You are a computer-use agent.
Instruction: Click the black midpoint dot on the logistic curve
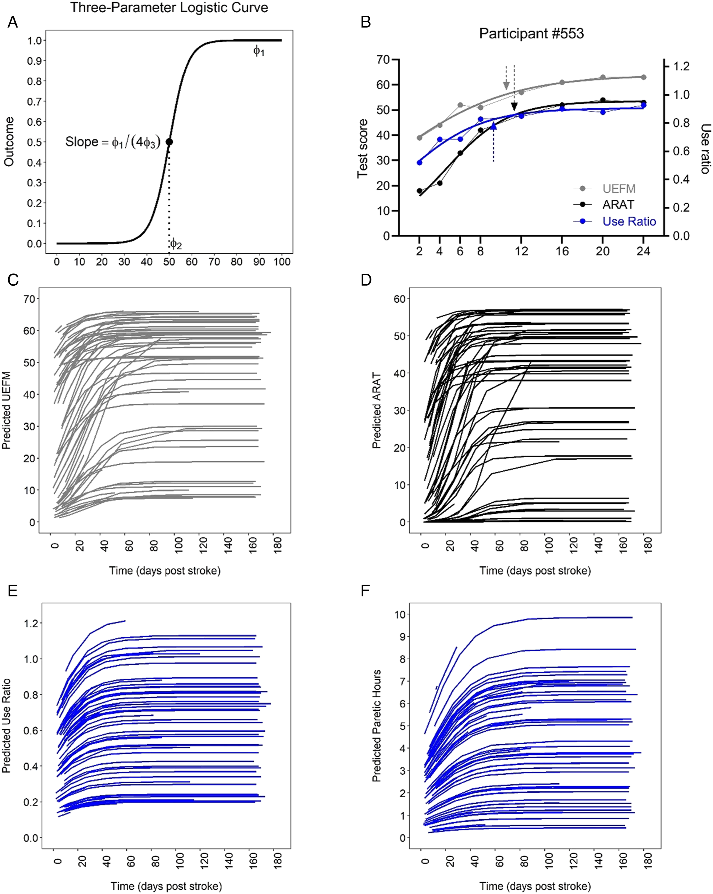[x=169, y=142]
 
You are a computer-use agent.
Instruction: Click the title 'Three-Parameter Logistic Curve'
[x=169, y=7]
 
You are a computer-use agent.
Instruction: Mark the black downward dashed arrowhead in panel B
[x=514, y=107]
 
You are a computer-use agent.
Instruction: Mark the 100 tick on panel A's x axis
[x=282, y=262]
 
